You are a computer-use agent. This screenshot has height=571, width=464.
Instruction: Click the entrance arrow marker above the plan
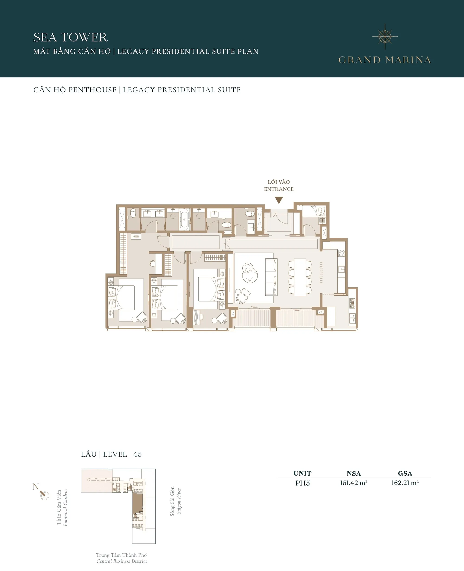(279, 200)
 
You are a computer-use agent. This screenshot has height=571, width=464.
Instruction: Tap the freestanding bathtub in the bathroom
(184, 220)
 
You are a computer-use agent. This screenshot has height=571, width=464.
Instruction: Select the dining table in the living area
(300, 277)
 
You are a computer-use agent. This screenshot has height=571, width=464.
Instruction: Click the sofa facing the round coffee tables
(271, 277)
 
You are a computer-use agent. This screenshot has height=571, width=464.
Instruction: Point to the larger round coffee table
(250, 276)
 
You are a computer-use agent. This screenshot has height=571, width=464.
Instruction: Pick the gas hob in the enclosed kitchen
(352, 303)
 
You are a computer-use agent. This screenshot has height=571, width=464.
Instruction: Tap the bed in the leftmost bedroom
(126, 297)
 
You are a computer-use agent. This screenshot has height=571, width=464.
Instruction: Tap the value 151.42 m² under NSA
(354, 483)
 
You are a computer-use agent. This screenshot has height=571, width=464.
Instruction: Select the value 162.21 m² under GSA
(405, 483)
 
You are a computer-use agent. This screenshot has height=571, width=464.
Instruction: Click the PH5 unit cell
(302, 483)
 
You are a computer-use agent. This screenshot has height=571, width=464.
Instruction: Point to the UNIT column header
(302, 473)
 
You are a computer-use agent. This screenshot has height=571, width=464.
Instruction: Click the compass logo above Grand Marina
(385, 37)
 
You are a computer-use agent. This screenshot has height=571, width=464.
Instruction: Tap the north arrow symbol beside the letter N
(44, 495)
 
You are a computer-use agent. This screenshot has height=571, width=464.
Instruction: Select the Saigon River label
(179, 501)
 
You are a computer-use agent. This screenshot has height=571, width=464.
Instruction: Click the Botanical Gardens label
(65, 507)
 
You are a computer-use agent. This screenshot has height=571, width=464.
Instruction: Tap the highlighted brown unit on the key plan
(137, 503)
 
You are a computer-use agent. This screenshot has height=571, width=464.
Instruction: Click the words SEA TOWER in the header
(70, 37)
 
